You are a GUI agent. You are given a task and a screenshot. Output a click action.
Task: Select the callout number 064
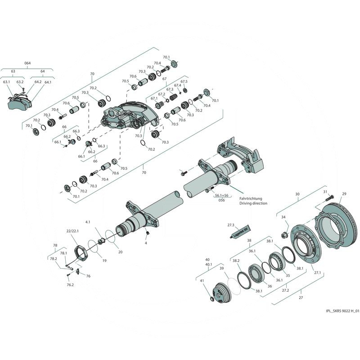[27, 63]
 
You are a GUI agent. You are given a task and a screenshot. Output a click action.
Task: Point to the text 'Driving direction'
[253, 203]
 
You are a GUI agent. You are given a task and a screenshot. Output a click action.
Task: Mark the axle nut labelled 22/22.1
[80, 252]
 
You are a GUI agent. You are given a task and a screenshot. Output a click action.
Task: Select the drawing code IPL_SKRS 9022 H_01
[342, 310]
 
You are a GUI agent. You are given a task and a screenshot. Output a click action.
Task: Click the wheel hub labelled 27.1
[306, 243]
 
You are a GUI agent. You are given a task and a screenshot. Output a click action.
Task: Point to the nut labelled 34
[284, 234]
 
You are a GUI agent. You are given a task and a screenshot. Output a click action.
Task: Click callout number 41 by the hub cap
[202, 281]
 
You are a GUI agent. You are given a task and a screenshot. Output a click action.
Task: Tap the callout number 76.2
[70, 285]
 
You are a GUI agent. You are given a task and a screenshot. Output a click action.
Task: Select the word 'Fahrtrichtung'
[251, 198]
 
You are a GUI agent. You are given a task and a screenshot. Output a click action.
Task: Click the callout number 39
[221, 268]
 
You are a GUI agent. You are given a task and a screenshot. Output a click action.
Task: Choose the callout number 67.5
[184, 81]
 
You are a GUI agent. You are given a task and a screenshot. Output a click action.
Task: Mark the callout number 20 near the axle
[120, 252]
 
